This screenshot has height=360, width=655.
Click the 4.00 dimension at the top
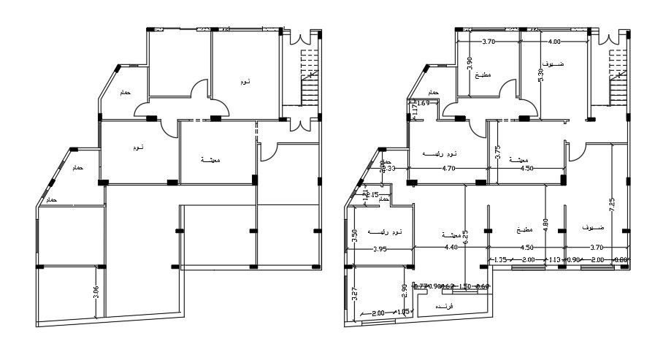pos(554,42)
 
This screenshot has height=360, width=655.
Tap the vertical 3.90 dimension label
pos(470,64)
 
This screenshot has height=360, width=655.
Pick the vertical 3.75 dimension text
pos(497,152)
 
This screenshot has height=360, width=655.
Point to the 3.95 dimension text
pos(379,249)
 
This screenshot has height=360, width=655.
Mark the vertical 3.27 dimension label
pos(355,295)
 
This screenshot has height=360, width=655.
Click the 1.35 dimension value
pos(500,259)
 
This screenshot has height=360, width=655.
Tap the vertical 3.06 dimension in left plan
pos(96,294)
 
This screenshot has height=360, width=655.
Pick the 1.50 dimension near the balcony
pos(464,286)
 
